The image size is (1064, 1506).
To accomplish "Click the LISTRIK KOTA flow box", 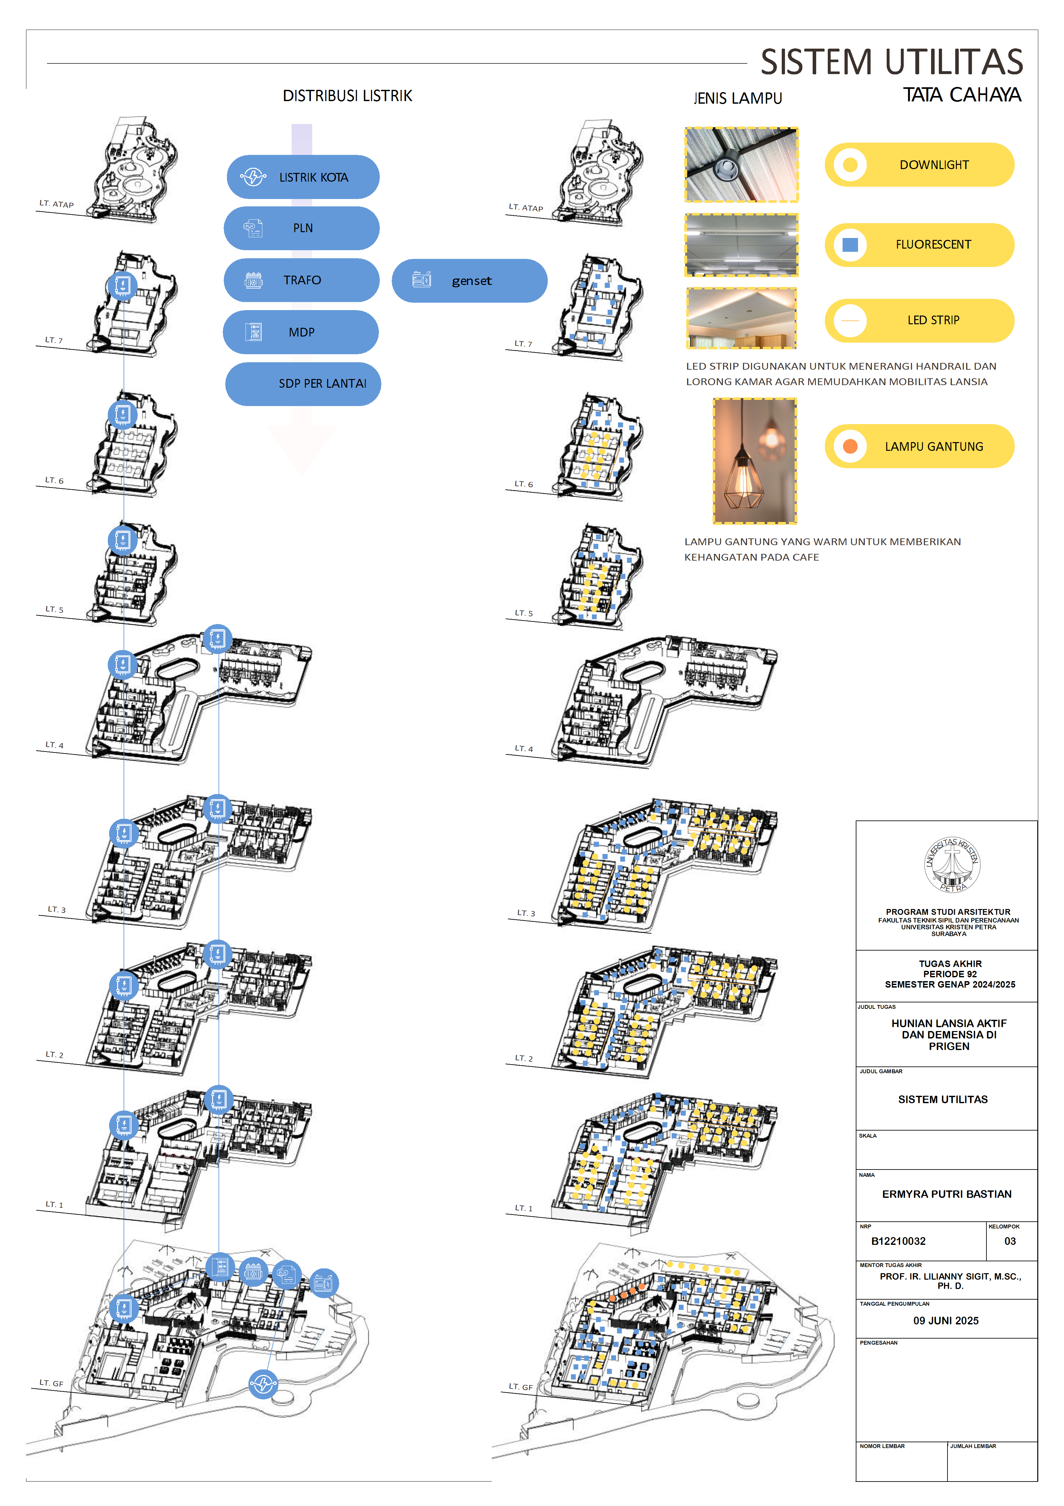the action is pyautogui.click(x=303, y=177).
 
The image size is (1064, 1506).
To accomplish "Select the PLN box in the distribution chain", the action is pyautogui.click(x=302, y=228).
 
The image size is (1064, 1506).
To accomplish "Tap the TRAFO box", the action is pyautogui.click(x=302, y=280).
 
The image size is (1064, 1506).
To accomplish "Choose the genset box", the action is pyautogui.click(x=469, y=281).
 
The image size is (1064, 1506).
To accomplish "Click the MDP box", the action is pyautogui.click(x=301, y=332).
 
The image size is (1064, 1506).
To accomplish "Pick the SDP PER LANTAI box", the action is pyautogui.click(x=303, y=384).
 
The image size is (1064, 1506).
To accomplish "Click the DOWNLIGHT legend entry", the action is pyautogui.click(x=919, y=165).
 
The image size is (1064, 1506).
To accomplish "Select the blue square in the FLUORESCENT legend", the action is pyautogui.click(x=850, y=245).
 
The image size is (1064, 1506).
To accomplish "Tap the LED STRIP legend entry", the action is pyautogui.click(x=919, y=320).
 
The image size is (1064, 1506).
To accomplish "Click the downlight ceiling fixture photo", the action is pyautogui.click(x=742, y=165).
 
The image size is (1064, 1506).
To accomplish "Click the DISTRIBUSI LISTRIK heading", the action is pyautogui.click(x=348, y=96).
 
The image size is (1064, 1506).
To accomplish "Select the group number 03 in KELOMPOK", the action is pyautogui.click(x=1010, y=1241).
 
